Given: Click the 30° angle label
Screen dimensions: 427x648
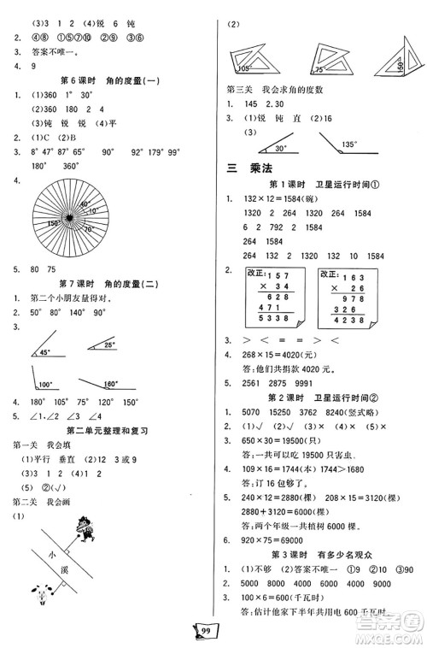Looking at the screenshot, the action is point(284,146).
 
